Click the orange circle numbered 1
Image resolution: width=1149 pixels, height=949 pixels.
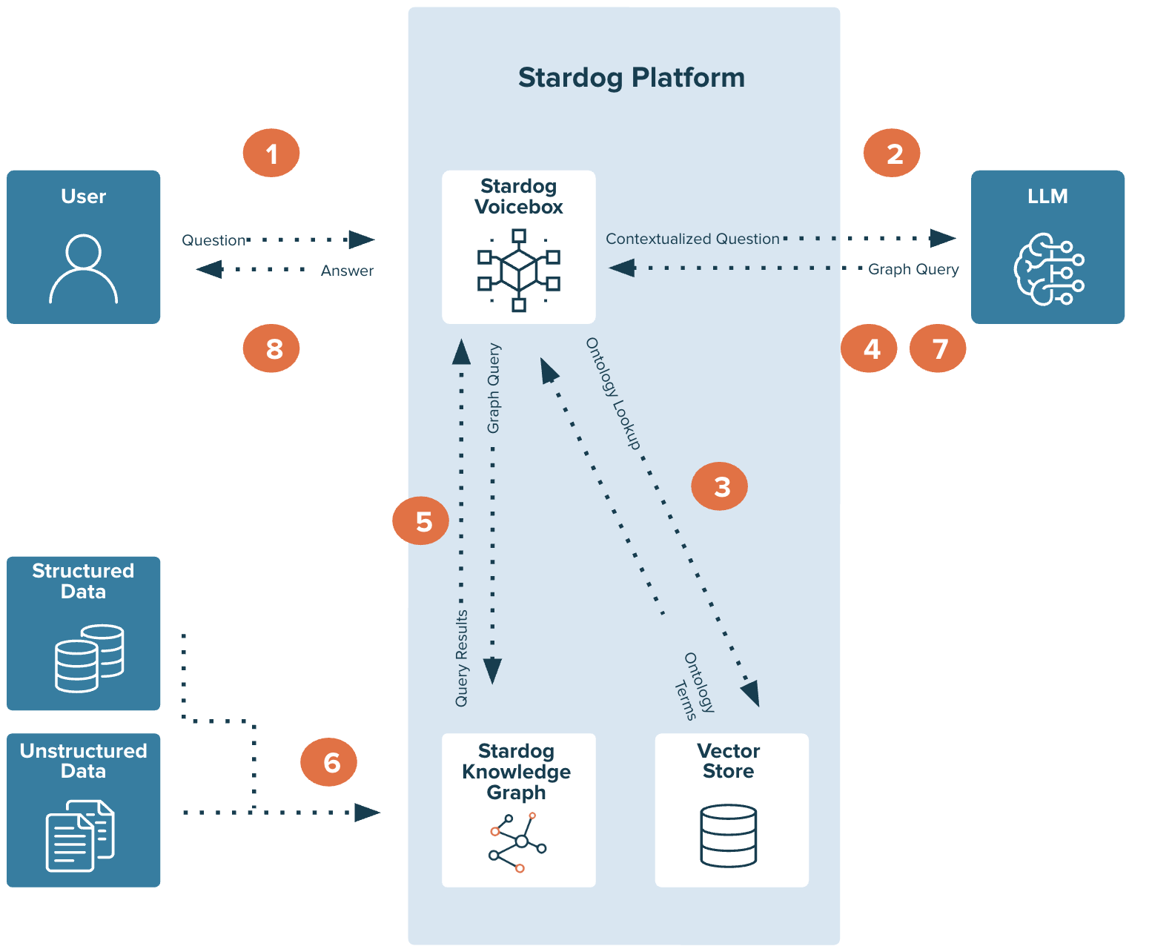(x=271, y=153)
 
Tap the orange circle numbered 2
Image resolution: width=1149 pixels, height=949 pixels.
(x=892, y=153)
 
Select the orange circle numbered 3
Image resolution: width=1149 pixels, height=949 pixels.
(x=719, y=486)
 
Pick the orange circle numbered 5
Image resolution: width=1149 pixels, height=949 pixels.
(x=420, y=521)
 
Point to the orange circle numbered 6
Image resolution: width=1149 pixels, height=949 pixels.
(x=328, y=762)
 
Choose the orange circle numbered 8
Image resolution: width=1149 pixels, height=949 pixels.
(x=271, y=348)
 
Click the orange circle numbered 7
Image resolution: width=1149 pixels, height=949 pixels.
(x=938, y=348)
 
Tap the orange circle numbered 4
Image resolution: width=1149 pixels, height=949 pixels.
(x=869, y=348)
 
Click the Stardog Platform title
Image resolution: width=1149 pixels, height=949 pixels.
(x=631, y=78)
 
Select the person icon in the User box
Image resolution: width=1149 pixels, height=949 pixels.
(x=83, y=269)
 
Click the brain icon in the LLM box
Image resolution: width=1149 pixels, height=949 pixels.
(x=1048, y=269)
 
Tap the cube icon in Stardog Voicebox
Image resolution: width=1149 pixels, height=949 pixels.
(x=519, y=270)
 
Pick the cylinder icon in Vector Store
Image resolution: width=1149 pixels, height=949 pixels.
(x=729, y=836)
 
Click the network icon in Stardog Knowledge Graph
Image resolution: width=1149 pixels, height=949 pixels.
(x=517, y=842)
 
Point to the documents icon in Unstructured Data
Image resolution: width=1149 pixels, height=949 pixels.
(x=80, y=836)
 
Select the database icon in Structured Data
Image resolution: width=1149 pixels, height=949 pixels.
(x=89, y=658)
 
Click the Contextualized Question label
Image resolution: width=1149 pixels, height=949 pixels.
(x=692, y=239)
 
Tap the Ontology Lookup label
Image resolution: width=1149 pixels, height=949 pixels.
(x=613, y=394)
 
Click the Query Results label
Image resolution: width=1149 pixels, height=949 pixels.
(x=462, y=658)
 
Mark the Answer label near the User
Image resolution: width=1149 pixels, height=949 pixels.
(x=347, y=271)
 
